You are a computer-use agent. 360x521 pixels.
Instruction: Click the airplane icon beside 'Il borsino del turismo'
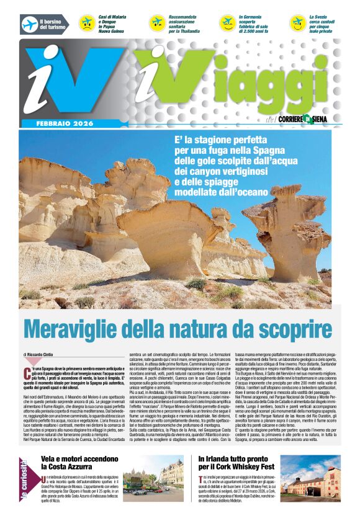tap(29, 25)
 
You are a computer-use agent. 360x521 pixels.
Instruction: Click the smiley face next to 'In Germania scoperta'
tap(228, 24)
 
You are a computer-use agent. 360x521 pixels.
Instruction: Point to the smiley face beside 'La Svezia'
tap(298, 24)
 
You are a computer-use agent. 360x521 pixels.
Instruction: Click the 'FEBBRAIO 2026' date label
tap(52, 123)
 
